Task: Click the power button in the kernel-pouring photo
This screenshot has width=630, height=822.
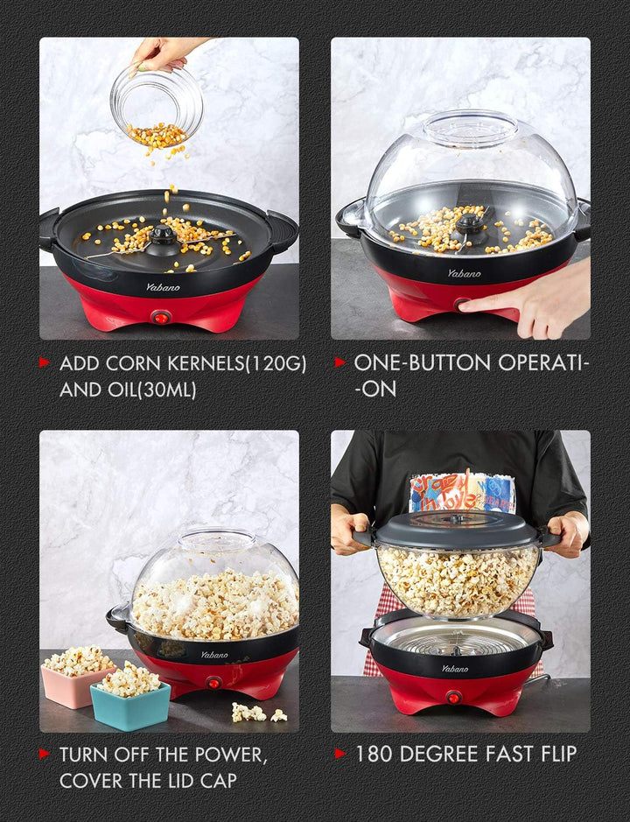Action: [x=160, y=317]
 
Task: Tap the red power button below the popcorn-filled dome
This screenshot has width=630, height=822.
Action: [x=213, y=682]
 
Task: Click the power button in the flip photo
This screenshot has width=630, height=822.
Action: [x=453, y=697]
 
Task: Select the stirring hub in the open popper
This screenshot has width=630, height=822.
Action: [x=162, y=235]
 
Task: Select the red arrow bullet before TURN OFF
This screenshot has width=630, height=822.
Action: [x=44, y=754]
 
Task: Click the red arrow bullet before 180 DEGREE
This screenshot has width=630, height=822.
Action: [x=340, y=754]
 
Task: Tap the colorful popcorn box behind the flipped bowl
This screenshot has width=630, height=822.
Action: [x=463, y=492]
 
